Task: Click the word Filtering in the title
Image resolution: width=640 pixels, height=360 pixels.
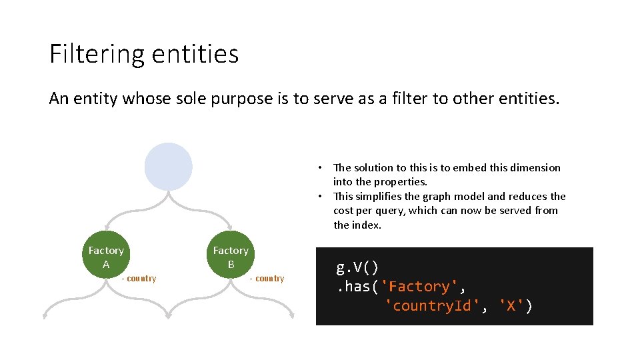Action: pos(92,53)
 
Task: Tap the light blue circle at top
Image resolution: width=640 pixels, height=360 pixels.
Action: pos(168,167)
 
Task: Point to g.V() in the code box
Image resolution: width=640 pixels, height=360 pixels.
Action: pos(357,268)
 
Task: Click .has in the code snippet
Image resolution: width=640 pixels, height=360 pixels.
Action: pos(355,287)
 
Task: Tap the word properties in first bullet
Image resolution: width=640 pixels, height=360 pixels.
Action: pos(401,182)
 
